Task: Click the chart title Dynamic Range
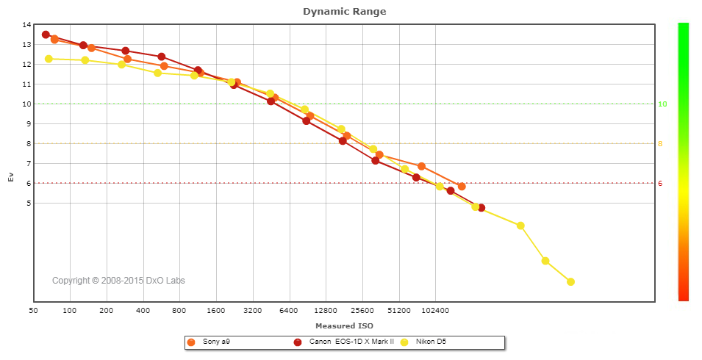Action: pos(345,12)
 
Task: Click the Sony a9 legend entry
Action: pos(214,342)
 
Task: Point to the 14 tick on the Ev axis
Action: pos(26,25)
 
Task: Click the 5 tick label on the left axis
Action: pos(28,204)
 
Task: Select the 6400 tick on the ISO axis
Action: pos(289,312)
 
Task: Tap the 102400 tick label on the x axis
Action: pos(435,312)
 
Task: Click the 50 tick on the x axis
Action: pos(33,312)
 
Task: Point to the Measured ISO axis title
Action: pos(344,325)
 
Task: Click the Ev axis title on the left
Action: pos(11,177)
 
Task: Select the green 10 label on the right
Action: pos(662,104)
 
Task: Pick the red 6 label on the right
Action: pos(660,184)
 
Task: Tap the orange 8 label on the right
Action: pos(660,144)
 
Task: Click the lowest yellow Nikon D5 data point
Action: pos(570,282)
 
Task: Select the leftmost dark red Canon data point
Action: pos(46,35)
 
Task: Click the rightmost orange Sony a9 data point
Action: pos(462,187)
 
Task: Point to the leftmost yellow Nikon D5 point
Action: pos(49,59)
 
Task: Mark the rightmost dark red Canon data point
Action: pos(481,208)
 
